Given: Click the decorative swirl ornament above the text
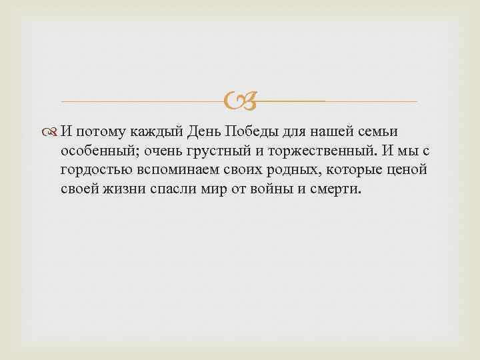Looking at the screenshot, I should tap(239, 101).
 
